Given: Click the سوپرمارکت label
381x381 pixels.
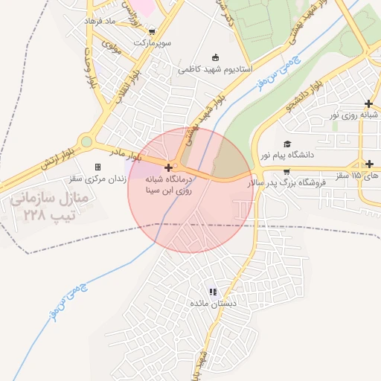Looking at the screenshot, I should (153, 43).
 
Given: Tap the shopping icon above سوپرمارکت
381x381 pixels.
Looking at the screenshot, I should (153, 32).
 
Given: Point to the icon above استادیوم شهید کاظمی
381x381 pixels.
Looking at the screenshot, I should (216, 57).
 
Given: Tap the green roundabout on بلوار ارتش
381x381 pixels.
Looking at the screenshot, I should (87, 141).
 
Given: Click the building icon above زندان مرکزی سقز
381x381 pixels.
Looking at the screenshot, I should (97, 167).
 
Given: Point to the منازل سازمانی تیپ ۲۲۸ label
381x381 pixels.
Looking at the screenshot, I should (51, 207).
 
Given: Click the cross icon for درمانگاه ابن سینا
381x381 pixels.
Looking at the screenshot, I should (170, 167).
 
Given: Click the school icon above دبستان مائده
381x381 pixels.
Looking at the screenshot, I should (213, 292).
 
